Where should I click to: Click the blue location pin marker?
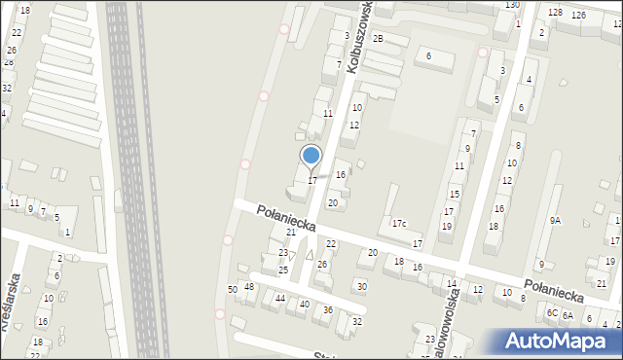[311, 156]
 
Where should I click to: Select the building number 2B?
[378, 38]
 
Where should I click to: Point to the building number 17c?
[399, 224]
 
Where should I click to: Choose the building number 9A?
[555, 221]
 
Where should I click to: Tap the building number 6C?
[552, 313]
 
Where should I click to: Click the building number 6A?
[568, 315]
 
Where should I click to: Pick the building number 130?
[512, 5]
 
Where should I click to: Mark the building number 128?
[555, 12]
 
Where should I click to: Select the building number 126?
[578, 15]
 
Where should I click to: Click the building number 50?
[233, 290]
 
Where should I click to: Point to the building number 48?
[249, 286]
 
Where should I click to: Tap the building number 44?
[280, 298]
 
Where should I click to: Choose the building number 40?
[305, 304]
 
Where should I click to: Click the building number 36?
[328, 309]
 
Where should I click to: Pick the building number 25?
[283, 270]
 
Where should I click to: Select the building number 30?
[361, 286]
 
